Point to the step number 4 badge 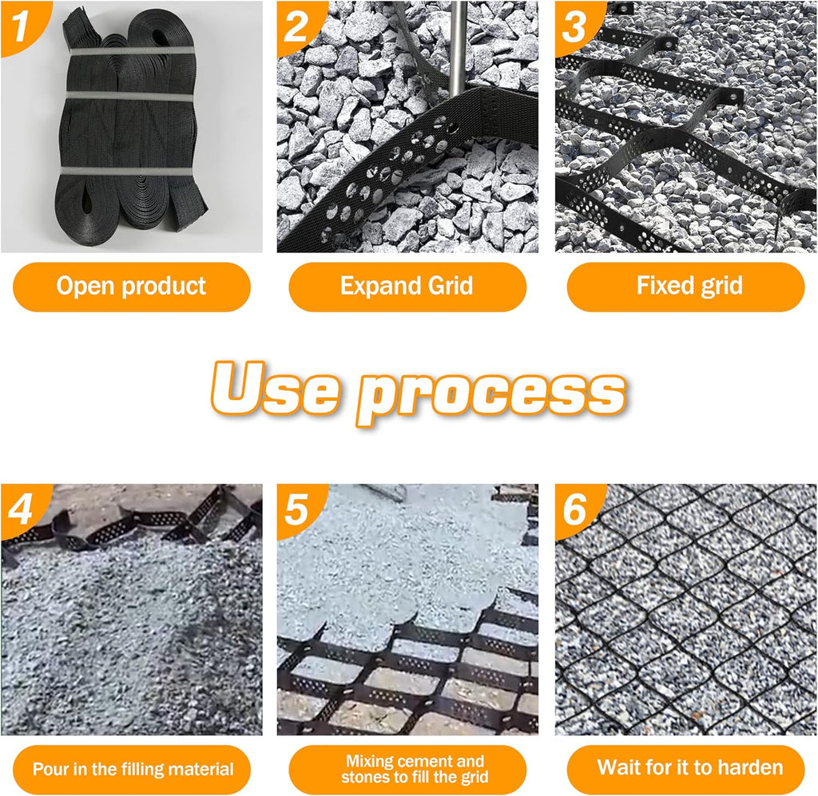(x=21, y=509)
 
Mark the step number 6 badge (x=575, y=509)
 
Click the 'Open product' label (x=132, y=287)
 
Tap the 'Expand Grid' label (x=407, y=287)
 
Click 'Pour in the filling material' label (x=132, y=770)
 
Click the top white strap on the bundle (x=132, y=51)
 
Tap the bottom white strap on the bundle (x=128, y=172)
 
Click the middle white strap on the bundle (x=130, y=96)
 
